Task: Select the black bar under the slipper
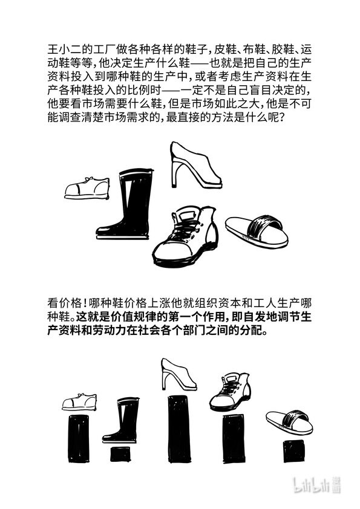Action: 293,451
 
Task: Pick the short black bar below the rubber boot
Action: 120,454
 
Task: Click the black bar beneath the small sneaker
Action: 78,438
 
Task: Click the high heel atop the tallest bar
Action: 178,374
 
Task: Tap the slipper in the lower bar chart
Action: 289,423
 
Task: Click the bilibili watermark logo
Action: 317,485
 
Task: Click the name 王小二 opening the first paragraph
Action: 62,50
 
